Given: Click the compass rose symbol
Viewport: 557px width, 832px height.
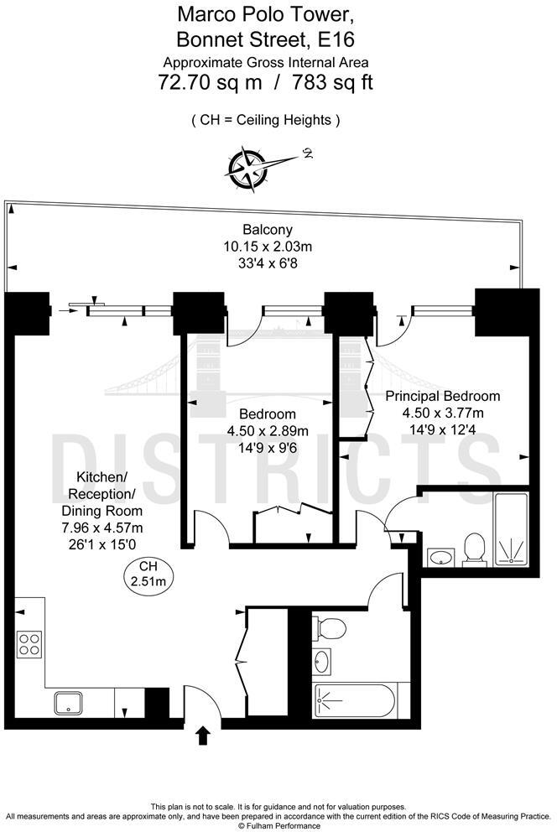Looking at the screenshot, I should pyautogui.click(x=246, y=167).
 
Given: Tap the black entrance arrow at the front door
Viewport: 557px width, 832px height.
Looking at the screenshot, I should pyautogui.click(x=202, y=736).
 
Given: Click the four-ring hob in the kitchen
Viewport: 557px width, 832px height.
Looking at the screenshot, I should pyautogui.click(x=29, y=644).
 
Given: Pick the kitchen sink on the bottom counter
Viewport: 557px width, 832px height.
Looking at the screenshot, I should pyautogui.click(x=67, y=704).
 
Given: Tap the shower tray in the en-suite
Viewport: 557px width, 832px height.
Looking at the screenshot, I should pyautogui.click(x=512, y=527).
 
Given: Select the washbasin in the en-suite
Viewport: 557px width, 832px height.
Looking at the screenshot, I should pyautogui.click(x=440, y=556).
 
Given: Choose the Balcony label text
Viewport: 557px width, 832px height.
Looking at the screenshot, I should pyautogui.click(x=268, y=230).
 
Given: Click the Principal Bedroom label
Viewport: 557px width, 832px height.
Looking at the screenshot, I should pyautogui.click(x=442, y=396).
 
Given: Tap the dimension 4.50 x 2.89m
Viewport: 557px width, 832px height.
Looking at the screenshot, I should pyautogui.click(x=268, y=431).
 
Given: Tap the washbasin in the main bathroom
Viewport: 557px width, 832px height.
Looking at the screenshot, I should pyautogui.click(x=322, y=662).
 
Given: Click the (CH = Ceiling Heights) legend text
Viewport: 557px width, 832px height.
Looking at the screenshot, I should pyautogui.click(x=266, y=120).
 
